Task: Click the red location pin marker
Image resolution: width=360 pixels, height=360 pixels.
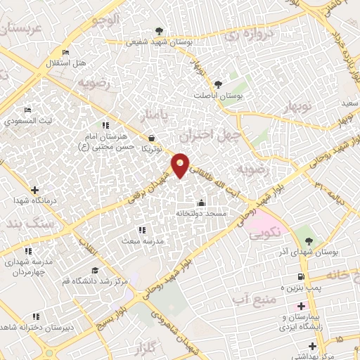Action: (x=181, y=165)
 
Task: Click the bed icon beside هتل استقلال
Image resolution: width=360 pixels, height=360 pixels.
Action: (x=66, y=53)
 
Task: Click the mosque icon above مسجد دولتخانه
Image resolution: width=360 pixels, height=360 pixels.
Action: (x=201, y=202)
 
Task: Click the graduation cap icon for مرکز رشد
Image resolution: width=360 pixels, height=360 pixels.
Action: (x=94, y=271)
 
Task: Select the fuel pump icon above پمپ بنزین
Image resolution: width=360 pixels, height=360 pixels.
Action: (x=301, y=276)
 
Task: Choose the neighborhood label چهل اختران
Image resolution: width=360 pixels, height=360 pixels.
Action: (x=210, y=135)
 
